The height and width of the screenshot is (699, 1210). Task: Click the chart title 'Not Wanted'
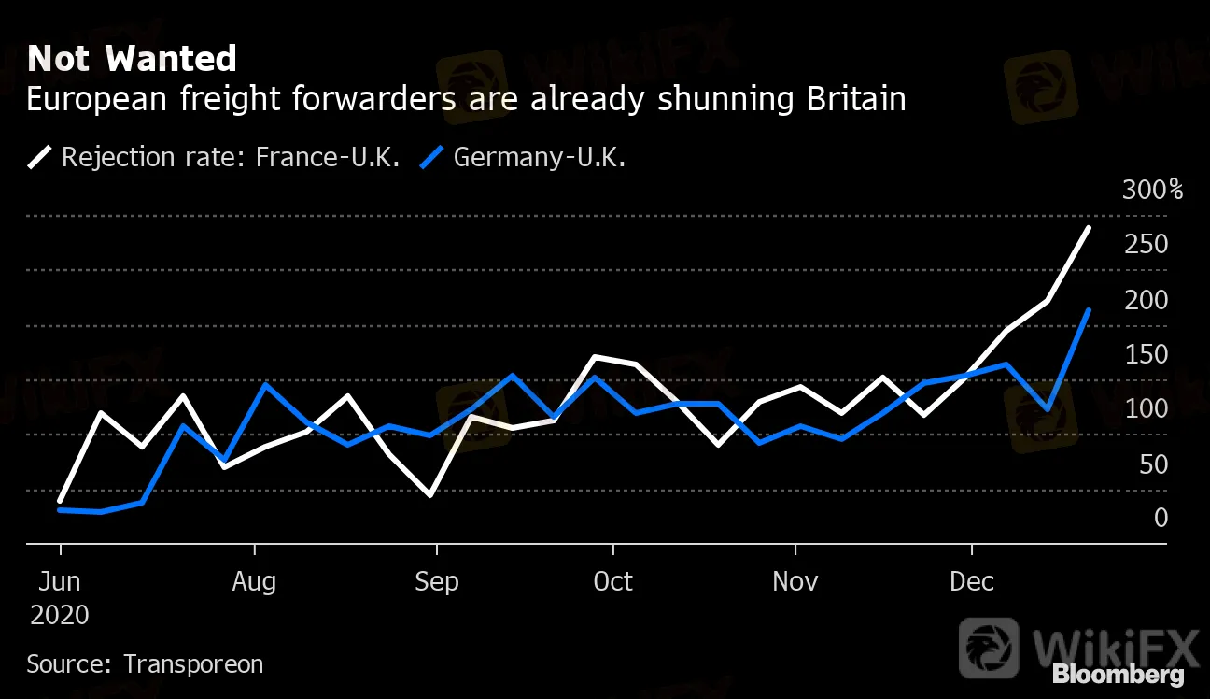pos(132,59)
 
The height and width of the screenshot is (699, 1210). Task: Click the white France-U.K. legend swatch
pos(40,156)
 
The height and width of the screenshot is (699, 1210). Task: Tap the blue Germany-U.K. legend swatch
pos(432,156)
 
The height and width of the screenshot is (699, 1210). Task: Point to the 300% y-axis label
pos(1153,191)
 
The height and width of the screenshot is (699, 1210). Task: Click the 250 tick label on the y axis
pos(1147,245)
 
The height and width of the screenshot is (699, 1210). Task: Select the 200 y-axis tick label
pos(1147,300)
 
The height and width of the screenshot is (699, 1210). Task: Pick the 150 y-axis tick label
pos(1147,354)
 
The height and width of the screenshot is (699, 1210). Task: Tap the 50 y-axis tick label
pos(1153,464)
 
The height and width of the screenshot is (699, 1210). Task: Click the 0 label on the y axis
pos(1161,518)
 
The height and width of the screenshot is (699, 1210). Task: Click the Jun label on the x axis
pos(59,581)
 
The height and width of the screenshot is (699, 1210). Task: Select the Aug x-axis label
pos(254,581)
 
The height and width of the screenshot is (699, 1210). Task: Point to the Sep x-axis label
pos(437,581)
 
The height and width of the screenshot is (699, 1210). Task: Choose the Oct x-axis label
pos(613,581)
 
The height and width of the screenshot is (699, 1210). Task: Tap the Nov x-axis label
pos(795,581)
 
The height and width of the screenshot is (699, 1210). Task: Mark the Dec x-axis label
pos(972,581)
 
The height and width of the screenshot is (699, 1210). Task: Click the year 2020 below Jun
pos(60,615)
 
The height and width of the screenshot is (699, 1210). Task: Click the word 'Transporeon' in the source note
pos(193,664)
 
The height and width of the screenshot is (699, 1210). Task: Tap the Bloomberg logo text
pos(1118,675)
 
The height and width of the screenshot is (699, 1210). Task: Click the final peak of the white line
pos(1089,228)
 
